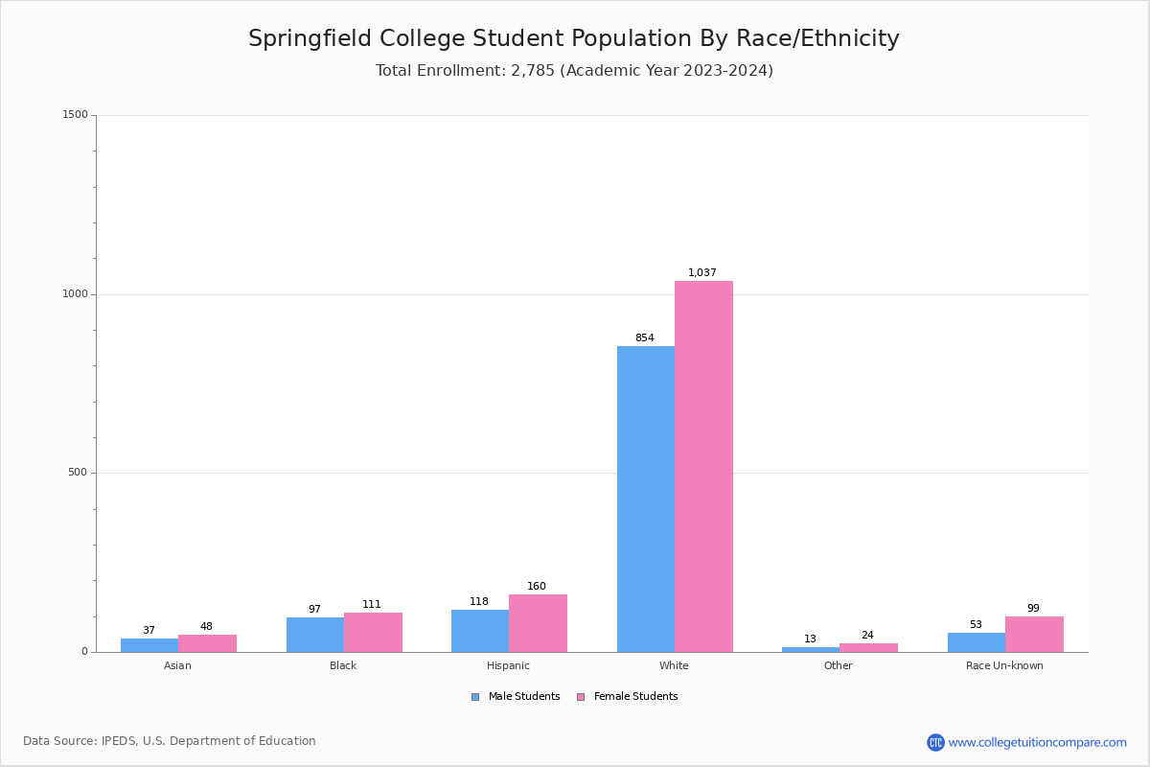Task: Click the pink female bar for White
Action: pos(703,466)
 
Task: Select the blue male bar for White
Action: pos(645,499)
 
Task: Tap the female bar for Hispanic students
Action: pos(538,623)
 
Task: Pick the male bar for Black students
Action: pos(314,635)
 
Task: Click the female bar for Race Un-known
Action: pos(1034,634)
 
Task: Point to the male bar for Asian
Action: pos(149,645)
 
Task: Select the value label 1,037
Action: pos(702,273)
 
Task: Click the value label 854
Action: pos(645,338)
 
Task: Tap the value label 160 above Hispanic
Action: pos(537,587)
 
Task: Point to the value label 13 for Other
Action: pos(811,639)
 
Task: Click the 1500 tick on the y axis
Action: pos(75,115)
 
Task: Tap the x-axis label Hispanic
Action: pos(508,665)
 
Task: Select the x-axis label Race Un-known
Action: pos(1004,665)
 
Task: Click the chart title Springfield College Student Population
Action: pos(573,39)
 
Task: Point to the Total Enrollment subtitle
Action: pos(573,71)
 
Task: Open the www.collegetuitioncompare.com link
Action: pos(1037,742)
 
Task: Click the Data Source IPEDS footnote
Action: pos(170,741)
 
